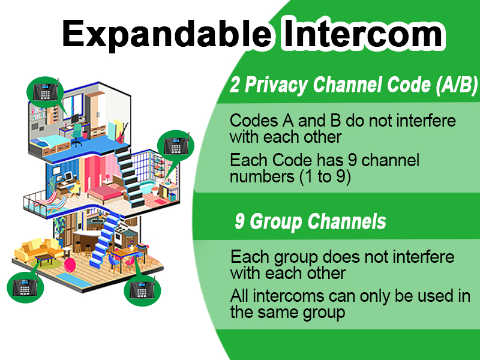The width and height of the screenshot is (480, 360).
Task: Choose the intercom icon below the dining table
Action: tap(142, 290)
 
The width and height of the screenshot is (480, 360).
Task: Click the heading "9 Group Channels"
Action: tap(310, 222)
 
